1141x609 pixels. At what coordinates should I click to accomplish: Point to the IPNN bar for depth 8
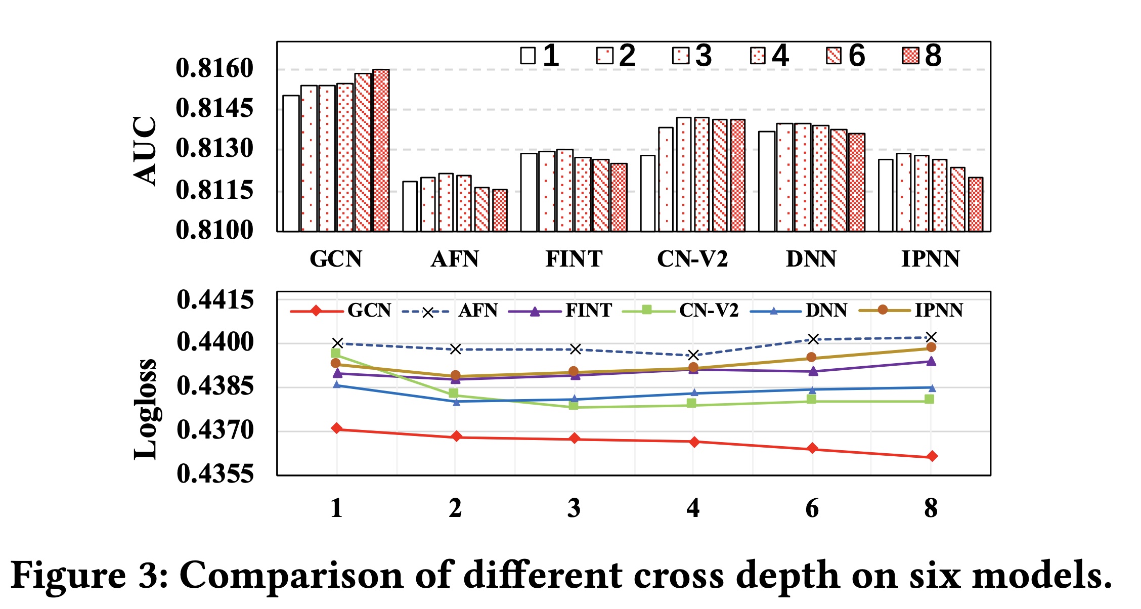click(976, 204)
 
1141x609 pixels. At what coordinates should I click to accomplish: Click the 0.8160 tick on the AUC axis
click(214, 68)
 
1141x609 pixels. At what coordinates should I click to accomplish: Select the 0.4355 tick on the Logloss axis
click(215, 474)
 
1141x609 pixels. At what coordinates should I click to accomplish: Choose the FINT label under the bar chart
click(574, 259)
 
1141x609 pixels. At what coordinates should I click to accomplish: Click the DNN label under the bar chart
click(811, 259)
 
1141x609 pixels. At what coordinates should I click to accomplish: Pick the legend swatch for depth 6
click(833, 56)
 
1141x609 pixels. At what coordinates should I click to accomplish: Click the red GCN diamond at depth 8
click(932, 456)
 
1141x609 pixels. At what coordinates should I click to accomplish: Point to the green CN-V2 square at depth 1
click(336, 353)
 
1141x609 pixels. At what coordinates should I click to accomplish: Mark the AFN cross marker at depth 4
click(693, 355)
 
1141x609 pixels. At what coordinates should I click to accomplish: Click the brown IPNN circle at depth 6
click(811, 358)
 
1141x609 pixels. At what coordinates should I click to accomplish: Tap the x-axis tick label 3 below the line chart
click(574, 508)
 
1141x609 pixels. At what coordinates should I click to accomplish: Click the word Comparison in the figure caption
click(291, 575)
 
